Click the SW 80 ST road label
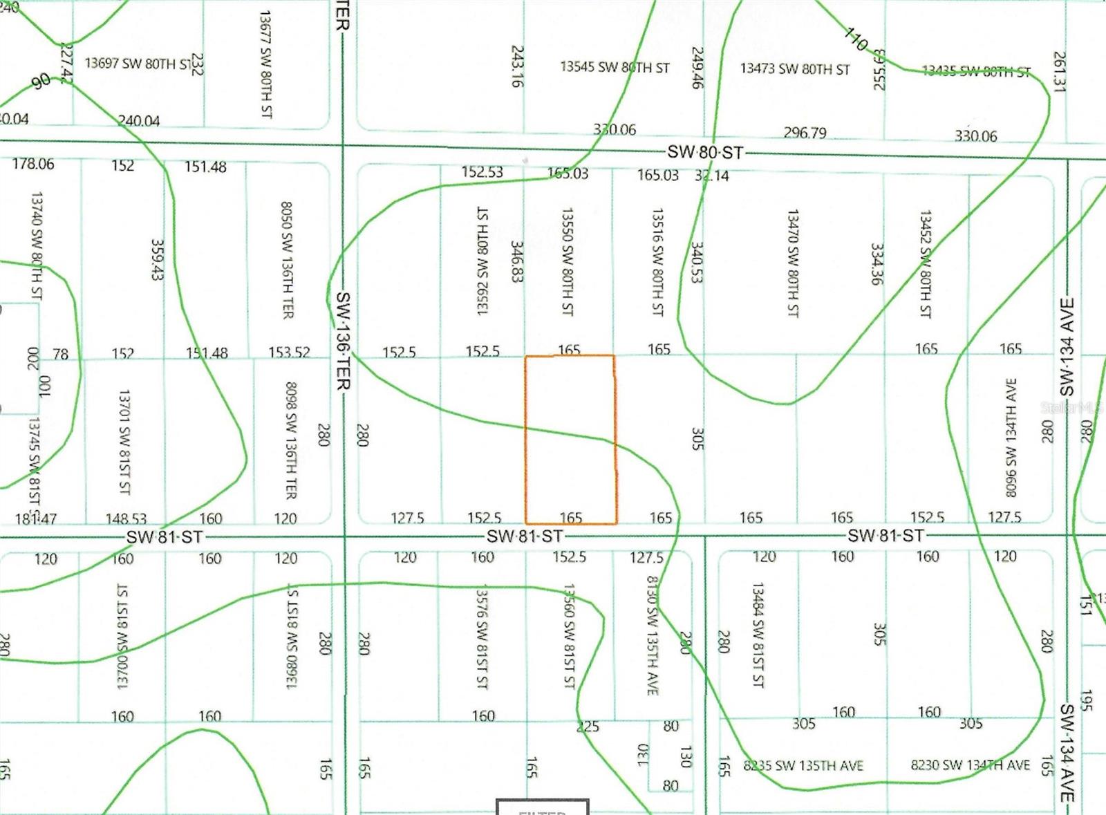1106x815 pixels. [704, 152]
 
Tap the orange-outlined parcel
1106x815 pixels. [570, 440]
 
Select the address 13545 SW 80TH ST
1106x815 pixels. [615, 67]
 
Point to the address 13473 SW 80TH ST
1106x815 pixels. [794, 68]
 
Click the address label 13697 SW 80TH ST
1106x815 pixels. [138, 64]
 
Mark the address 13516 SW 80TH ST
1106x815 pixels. [657, 262]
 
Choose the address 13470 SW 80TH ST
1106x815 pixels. [793, 263]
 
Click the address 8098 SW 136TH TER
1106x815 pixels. [291, 440]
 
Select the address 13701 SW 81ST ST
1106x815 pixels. [124, 442]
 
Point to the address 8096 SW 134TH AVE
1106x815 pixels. [1011, 437]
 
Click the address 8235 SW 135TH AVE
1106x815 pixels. [803, 765]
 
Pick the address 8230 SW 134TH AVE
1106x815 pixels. [970, 765]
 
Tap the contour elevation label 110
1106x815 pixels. [856, 39]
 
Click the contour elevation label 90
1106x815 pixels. [41, 81]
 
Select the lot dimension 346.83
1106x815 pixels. [516, 261]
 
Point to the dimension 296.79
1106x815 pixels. [805, 132]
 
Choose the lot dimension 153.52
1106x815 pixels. [289, 353]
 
